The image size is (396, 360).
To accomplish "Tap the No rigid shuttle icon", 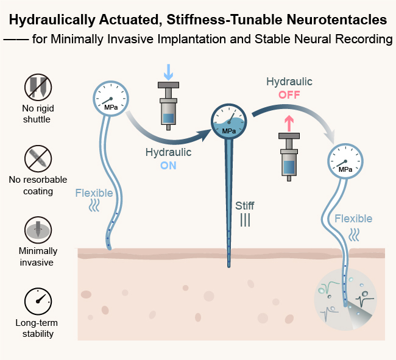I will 37,87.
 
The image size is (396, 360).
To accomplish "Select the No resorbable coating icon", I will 37,158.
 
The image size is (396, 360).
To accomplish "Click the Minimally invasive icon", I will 37,229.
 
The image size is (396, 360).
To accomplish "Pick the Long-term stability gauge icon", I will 37,300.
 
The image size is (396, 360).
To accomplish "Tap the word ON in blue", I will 168,164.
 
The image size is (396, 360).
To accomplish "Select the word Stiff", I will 244,206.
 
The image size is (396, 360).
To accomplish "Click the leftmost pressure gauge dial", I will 110,98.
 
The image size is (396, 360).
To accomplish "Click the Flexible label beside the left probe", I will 94,193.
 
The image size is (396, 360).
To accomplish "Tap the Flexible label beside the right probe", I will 353,219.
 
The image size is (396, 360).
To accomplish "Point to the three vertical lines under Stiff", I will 244,220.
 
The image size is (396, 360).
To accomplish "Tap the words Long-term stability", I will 37,328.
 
